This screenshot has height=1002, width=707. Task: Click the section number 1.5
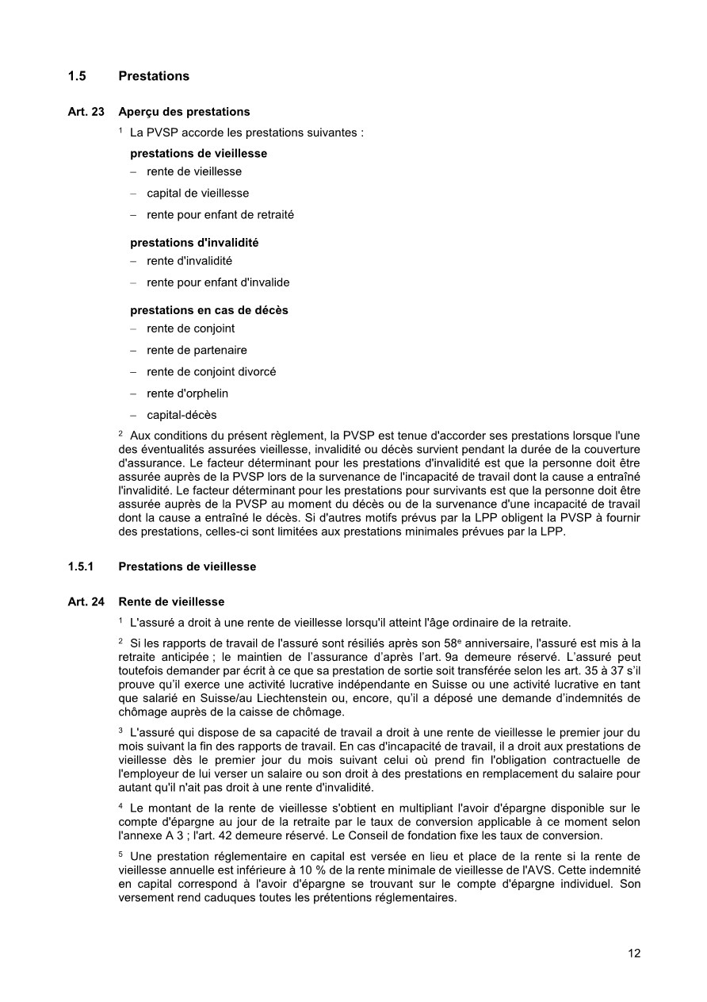(x=77, y=76)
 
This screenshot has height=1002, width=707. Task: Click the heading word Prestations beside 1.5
(x=154, y=76)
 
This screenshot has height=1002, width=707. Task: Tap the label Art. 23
(x=86, y=112)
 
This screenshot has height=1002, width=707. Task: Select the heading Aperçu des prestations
(x=184, y=112)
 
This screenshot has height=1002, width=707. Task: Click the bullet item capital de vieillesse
(x=197, y=193)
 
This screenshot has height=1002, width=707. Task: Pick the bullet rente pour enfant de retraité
(x=220, y=215)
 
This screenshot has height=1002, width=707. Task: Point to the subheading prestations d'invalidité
(x=194, y=243)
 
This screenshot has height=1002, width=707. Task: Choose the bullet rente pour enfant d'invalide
(x=218, y=282)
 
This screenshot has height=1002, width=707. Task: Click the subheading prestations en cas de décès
(x=209, y=310)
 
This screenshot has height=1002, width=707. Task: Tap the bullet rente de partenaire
(x=197, y=350)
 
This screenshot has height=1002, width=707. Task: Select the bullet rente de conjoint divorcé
(x=211, y=371)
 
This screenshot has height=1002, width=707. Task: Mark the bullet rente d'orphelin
(x=187, y=394)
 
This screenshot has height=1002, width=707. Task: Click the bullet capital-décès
(x=182, y=415)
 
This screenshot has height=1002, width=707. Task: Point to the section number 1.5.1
(x=81, y=566)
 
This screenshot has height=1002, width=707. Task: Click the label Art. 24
(x=86, y=602)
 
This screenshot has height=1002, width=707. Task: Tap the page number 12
(x=634, y=953)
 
